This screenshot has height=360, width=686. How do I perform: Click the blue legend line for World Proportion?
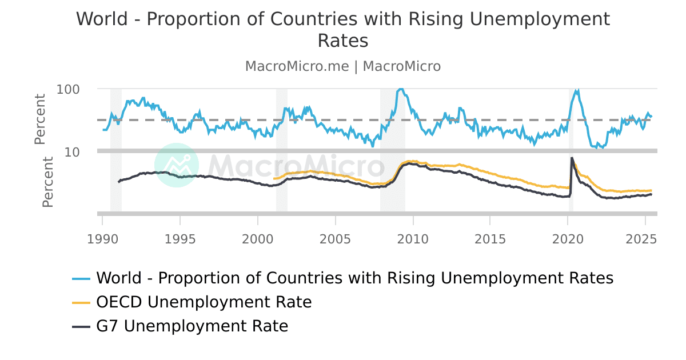coord(82,278)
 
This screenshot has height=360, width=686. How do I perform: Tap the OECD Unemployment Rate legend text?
coord(204,302)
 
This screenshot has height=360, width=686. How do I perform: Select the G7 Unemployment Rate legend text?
coord(192,326)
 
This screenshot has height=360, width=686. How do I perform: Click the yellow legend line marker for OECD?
coord(82,302)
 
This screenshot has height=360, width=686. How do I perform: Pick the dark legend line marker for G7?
coord(82,326)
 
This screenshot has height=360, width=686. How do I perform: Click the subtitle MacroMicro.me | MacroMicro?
coord(343,66)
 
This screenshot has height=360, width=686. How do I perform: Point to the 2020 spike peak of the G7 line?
coord(572,158)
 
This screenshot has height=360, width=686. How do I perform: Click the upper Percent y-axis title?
coord(40,119)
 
